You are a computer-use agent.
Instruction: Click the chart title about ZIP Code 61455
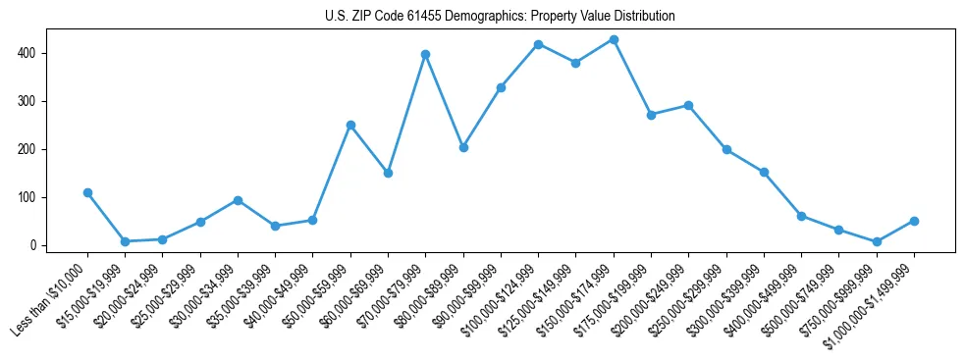coord(500,17)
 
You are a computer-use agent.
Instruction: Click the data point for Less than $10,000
coord(87,192)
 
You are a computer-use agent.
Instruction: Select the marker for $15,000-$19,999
coord(125,241)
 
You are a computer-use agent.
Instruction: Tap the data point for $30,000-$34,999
coord(238,200)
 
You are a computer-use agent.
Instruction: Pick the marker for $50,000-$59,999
coord(350,125)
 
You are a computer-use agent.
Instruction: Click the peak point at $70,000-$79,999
coord(425,54)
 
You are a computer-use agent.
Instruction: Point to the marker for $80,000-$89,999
coord(463,147)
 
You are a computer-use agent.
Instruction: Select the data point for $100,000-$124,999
coord(538,44)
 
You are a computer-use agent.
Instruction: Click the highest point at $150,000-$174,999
coord(614,39)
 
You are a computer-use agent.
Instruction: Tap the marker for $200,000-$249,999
coord(688,105)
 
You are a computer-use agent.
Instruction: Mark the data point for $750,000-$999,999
coord(877,241)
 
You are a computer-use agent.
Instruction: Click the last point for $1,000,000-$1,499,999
coord(914,221)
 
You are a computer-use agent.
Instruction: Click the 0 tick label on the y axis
coord(35,245)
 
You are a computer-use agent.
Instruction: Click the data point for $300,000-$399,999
coord(764,173)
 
